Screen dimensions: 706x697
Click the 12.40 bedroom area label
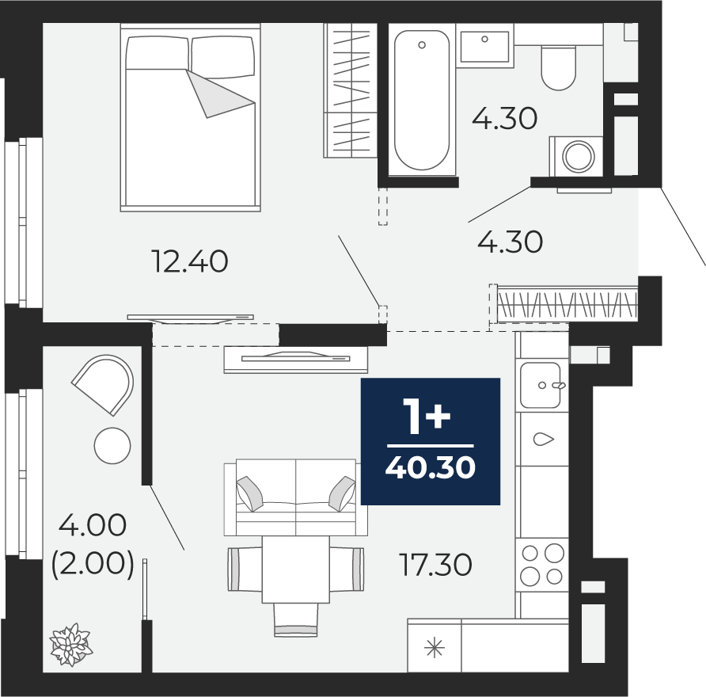(191, 261)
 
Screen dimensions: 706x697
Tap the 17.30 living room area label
(436, 564)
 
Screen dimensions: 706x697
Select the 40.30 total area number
(431, 467)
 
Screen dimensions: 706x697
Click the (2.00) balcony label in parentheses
(93, 565)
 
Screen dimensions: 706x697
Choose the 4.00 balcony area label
(93, 525)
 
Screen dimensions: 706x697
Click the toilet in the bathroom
(558, 67)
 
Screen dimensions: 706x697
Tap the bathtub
(422, 101)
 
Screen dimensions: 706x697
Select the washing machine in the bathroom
(576, 156)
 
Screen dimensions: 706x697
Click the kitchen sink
(541, 385)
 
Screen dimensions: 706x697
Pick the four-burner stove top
(542, 565)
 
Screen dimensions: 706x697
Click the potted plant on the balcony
(71, 645)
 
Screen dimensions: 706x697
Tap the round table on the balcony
(112, 446)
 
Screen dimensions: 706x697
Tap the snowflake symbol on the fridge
(435, 649)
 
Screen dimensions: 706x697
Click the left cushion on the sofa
(250, 493)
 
